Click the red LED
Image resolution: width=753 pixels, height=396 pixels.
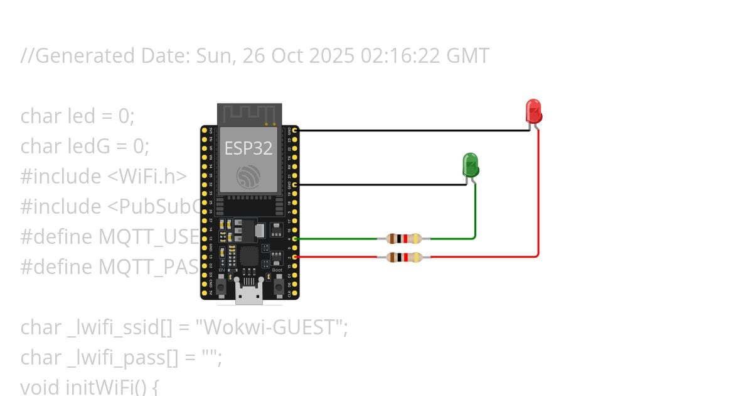533,111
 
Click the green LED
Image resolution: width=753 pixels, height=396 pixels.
471,165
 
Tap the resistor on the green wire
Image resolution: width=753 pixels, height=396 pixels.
403,238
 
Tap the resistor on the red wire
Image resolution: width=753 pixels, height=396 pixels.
403,256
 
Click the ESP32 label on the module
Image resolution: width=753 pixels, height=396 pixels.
248,148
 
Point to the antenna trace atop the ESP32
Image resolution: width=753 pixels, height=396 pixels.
249,114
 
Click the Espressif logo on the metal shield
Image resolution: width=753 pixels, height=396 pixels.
248,176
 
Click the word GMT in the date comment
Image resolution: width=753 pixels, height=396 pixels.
467,56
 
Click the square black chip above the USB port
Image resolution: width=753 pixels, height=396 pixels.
249,256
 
